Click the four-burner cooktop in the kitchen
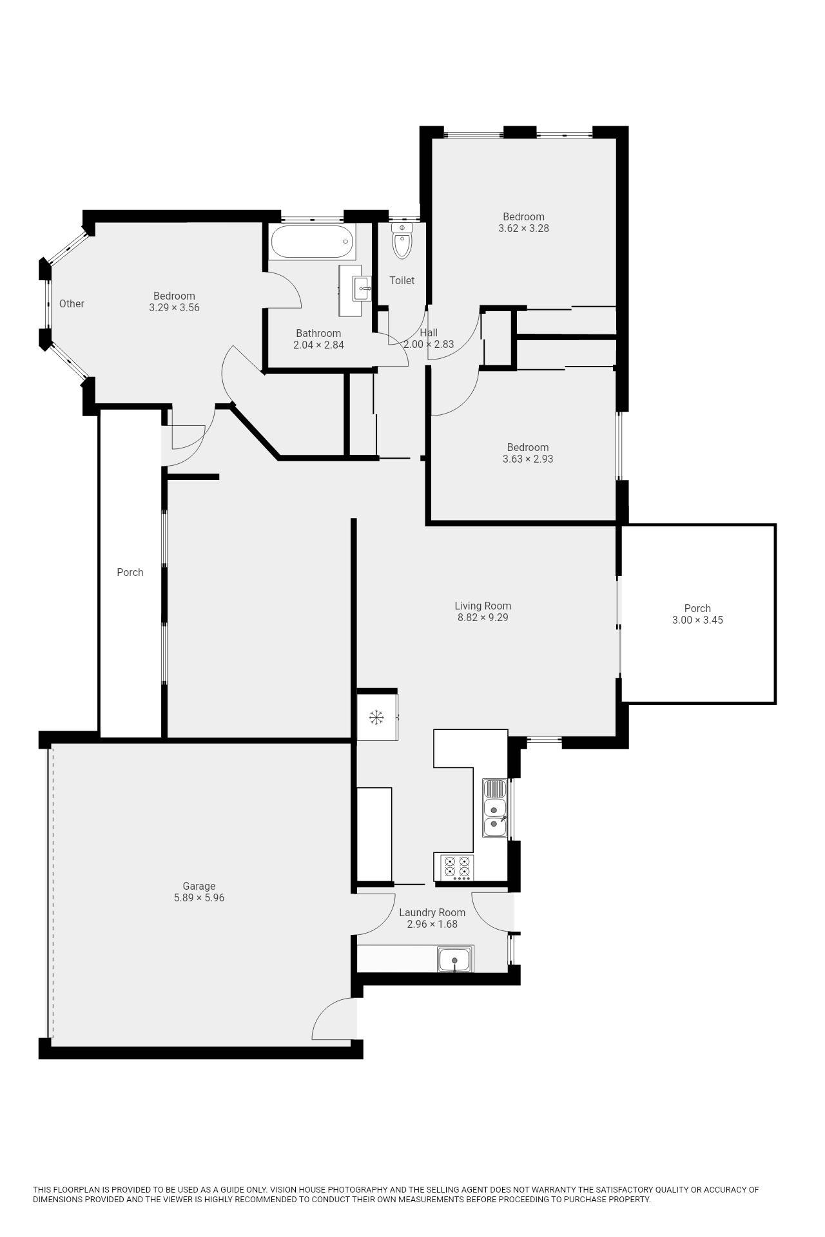pos(457,867)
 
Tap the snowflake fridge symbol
pos(376,716)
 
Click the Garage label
pos(199,886)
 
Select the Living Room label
pos(483,606)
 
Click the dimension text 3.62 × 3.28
pos(523,228)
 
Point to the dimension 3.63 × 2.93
pos(528,459)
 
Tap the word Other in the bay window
pos(72,303)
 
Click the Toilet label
pos(402,280)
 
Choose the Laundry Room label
pos(432,912)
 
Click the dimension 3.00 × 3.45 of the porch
pos(697,620)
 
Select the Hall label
pos(429,332)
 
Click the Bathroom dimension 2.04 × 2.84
pos(318,345)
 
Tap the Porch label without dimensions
pos(130,572)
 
